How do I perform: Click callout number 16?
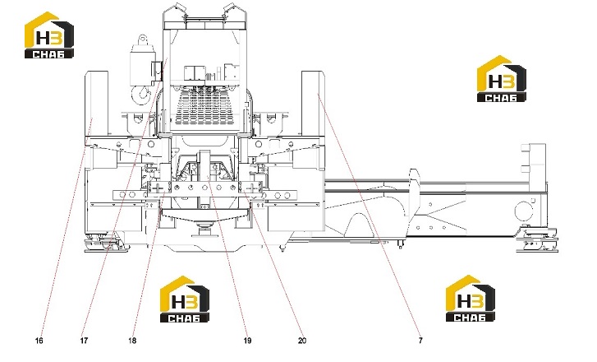pyautogui.click(x=39, y=341)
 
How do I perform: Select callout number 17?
pyautogui.click(x=84, y=341)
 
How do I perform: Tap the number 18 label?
pyautogui.click(x=132, y=341)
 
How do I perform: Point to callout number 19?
pyautogui.click(x=247, y=341)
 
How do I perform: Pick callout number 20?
pyautogui.click(x=302, y=341)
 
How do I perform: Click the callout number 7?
pyautogui.click(x=420, y=341)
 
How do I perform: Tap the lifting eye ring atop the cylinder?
pyautogui.click(x=142, y=39)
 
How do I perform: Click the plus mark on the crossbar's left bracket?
pyautogui.click(x=158, y=188)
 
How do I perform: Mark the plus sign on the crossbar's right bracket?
pyautogui.click(x=251, y=188)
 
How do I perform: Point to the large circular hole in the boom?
pyautogui.click(x=524, y=211)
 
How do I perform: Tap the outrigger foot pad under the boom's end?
pyautogui.click(x=538, y=240)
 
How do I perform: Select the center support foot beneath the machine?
pyautogui.click(x=204, y=231)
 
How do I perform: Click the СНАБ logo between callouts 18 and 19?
pyautogui.click(x=185, y=299)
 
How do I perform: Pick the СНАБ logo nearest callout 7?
pyautogui.click(x=471, y=299)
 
